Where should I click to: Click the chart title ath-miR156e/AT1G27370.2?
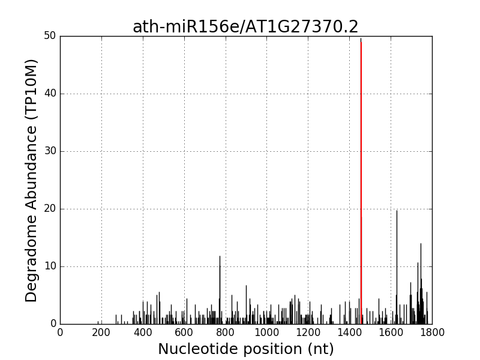point(245,27)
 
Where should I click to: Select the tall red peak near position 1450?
point(361,180)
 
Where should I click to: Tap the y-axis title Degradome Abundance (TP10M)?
point(32,180)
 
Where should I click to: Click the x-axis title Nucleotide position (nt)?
point(245,349)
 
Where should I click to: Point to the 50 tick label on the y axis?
point(49,36)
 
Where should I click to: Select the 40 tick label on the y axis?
point(49,94)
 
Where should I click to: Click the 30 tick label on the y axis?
point(49,151)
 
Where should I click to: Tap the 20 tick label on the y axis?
point(49,209)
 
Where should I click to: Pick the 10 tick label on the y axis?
point(49,266)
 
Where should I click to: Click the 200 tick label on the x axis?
point(101,332)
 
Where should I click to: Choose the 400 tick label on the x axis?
point(143,332)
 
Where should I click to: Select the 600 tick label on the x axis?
point(184,332)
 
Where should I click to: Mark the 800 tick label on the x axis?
point(226,332)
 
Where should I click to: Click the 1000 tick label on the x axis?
point(266,332)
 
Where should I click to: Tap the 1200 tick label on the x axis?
point(308,332)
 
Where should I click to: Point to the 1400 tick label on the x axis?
point(349,332)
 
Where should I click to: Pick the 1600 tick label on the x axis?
point(391,332)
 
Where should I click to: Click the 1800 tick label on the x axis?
point(431,332)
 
